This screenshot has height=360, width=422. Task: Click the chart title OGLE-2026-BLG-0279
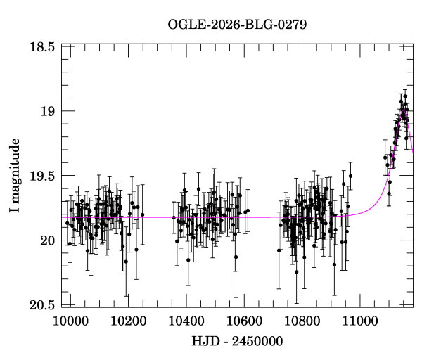(237, 25)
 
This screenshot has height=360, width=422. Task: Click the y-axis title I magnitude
(15, 175)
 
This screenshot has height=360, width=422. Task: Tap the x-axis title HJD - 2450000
(237, 341)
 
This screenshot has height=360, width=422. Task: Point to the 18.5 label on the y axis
(42, 47)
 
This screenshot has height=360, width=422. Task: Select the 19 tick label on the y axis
(48, 111)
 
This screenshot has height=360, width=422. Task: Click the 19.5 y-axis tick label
(42, 176)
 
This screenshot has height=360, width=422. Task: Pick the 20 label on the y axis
(48, 240)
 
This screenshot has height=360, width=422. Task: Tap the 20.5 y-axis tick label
(42, 305)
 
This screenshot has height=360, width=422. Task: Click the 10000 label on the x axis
(70, 321)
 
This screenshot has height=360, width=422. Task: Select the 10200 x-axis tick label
(129, 321)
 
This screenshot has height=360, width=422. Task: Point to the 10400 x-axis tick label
(186, 321)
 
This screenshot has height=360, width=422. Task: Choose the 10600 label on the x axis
(244, 321)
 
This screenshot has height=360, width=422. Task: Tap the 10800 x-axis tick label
(302, 321)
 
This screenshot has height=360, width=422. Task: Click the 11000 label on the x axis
(360, 321)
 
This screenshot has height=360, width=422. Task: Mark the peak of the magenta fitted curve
(403, 110)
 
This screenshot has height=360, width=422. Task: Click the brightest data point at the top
(405, 96)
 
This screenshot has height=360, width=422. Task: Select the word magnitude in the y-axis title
(15, 170)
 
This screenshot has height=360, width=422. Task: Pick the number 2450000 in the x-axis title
(257, 341)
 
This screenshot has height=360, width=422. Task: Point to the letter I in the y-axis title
(15, 210)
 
